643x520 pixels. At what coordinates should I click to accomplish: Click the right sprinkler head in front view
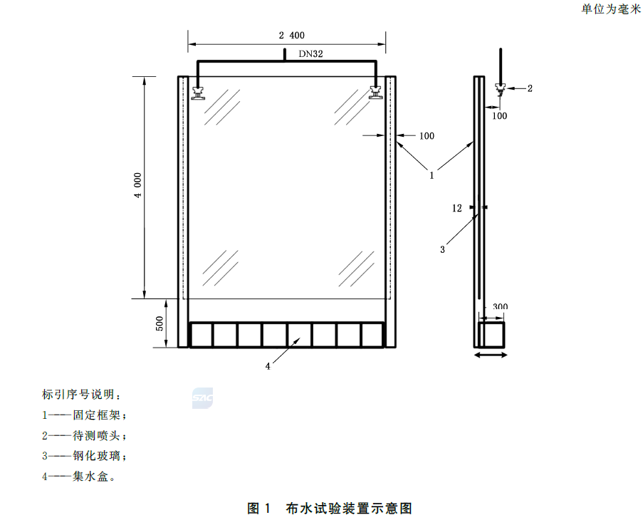(376, 93)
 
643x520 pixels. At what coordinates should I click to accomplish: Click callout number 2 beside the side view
(529, 88)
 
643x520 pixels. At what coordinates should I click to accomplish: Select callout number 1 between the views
(432, 172)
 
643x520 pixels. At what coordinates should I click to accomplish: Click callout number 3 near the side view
(442, 249)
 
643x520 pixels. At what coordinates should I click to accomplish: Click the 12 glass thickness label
(457, 209)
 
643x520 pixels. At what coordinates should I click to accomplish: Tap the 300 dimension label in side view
(500, 307)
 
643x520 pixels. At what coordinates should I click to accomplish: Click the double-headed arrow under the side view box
(491, 355)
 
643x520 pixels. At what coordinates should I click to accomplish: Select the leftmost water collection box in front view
(202, 335)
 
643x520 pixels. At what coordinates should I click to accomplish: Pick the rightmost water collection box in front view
(372, 335)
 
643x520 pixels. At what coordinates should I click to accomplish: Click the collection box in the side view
(491, 335)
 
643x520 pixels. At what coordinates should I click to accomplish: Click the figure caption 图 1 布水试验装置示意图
(330, 508)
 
